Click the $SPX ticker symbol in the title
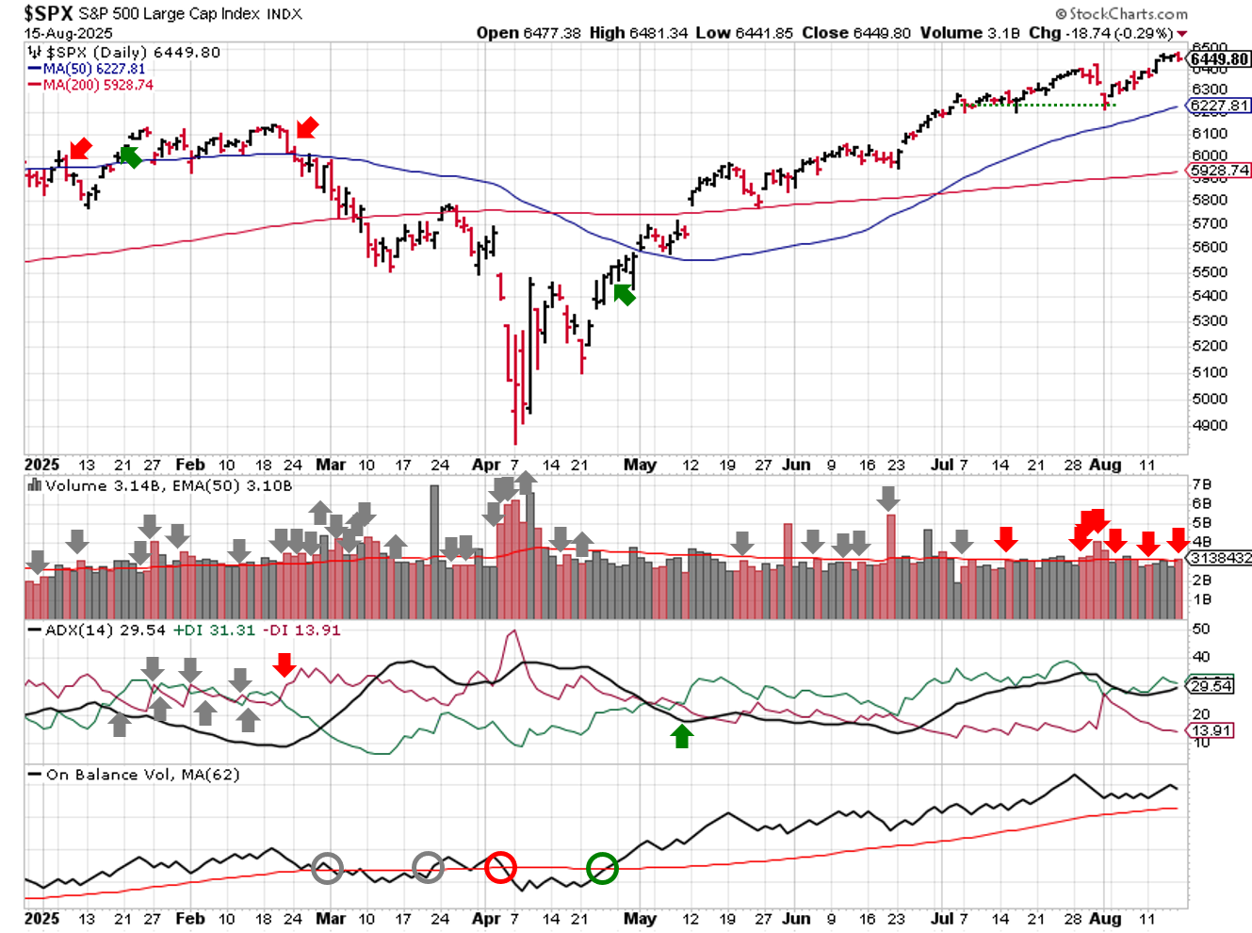click(x=48, y=13)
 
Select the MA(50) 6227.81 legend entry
click(x=94, y=69)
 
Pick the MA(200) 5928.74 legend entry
click(x=98, y=85)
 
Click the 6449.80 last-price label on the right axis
click(x=1219, y=59)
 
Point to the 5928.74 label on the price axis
click(x=1219, y=171)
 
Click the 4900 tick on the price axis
click(x=1210, y=425)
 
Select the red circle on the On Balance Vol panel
click(x=500, y=867)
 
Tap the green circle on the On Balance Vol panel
click(x=602, y=868)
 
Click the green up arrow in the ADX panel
click(x=682, y=736)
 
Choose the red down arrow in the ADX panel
click(x=285, y=665)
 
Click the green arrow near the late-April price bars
click(x=624, y=295)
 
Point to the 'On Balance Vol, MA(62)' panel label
click(x=142, y=775)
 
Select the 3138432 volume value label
click(x=1220, y=558)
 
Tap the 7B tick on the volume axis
click(x=1202, y=484)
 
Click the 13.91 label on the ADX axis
click(x=1211, y=730)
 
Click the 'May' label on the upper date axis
click(x=640, y=464)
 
